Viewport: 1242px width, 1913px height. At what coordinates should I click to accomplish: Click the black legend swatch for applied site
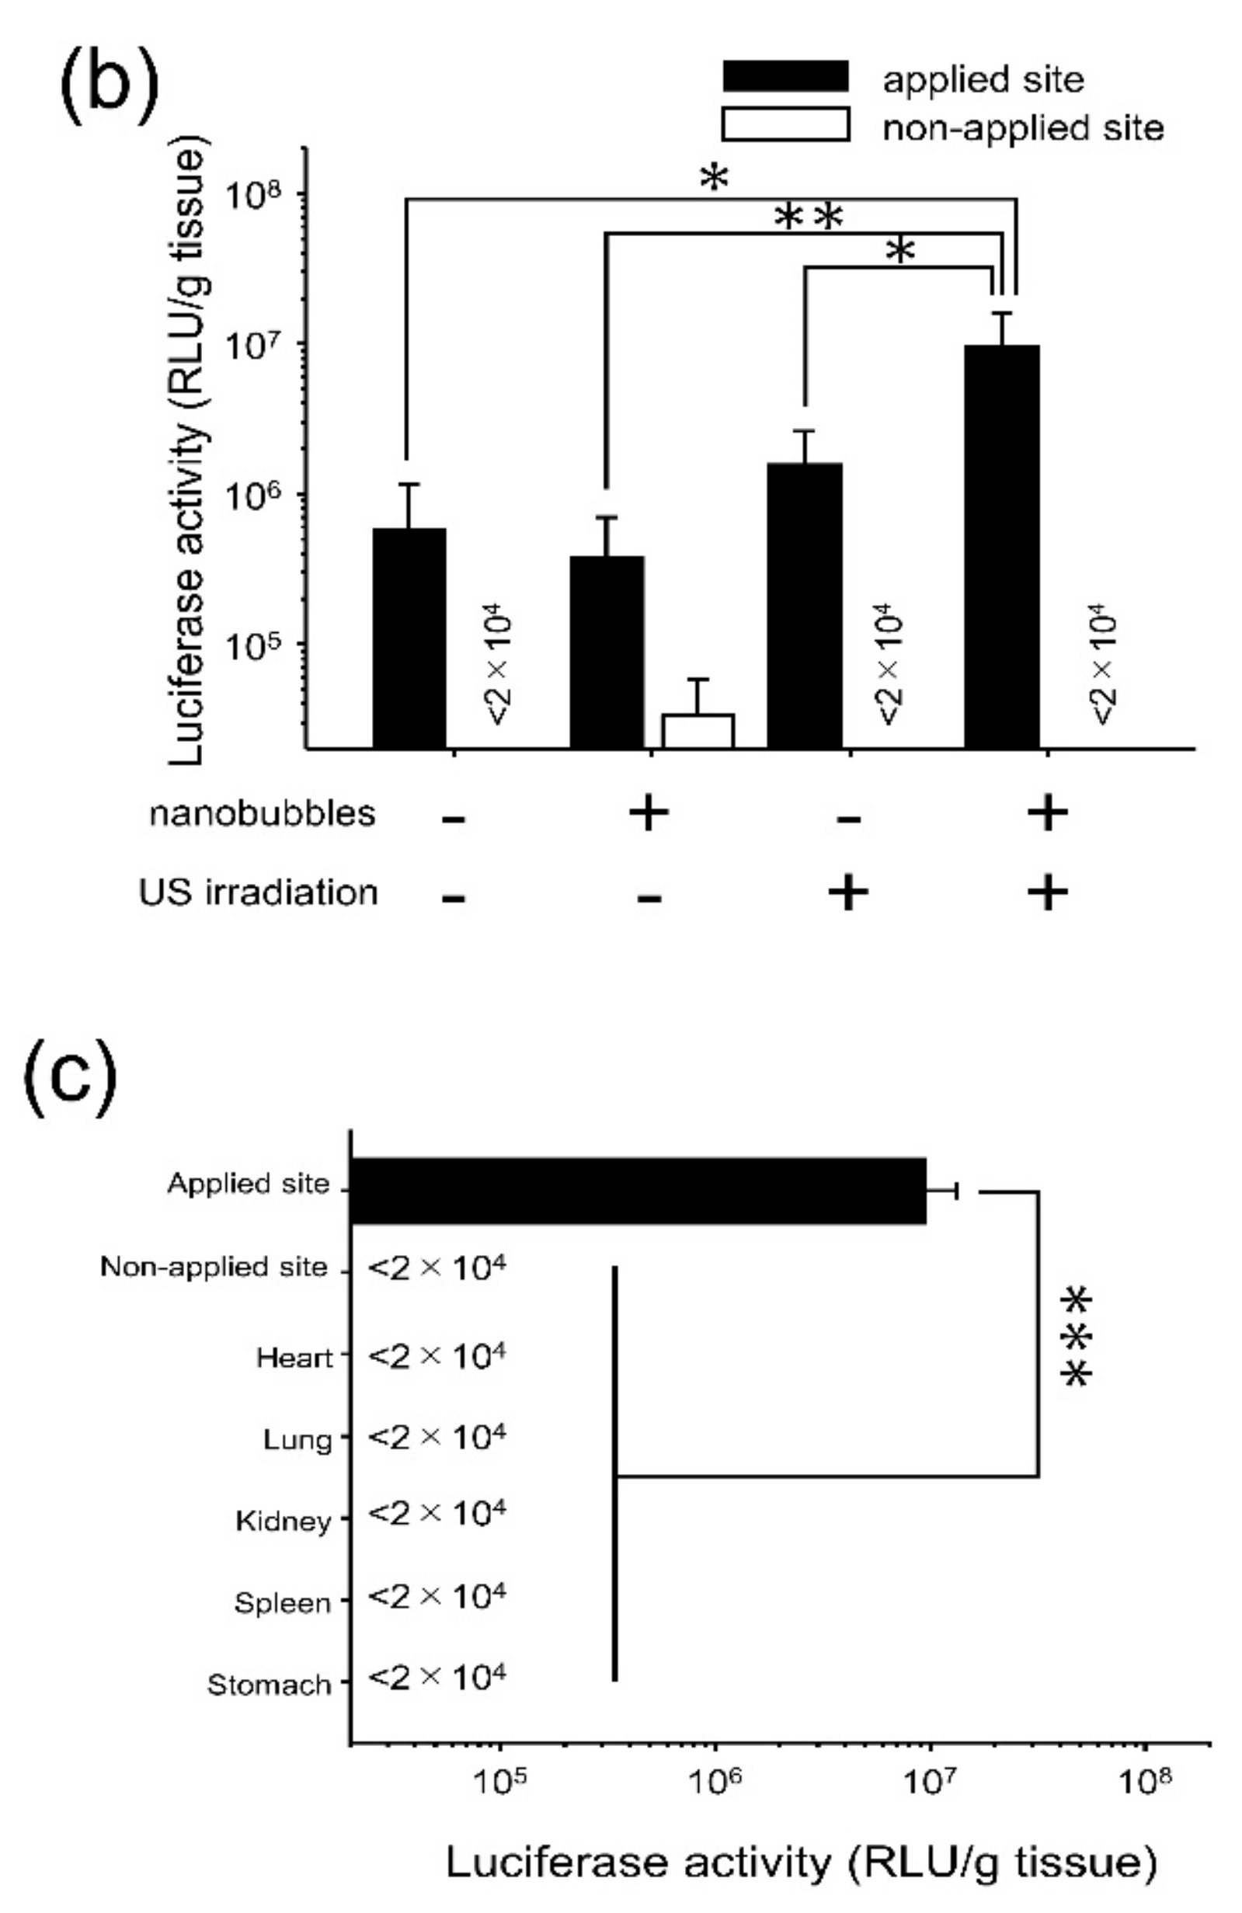click(785, 76)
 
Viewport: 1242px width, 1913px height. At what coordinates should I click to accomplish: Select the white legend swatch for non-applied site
click(785, 124)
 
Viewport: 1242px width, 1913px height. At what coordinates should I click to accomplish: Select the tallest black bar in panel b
click(1002, 547)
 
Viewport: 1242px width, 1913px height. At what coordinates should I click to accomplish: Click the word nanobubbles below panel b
click(262, 813)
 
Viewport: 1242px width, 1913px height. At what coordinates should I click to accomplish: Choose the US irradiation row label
click(257, 893)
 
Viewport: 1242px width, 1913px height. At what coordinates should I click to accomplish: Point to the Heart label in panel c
click(294, 1358)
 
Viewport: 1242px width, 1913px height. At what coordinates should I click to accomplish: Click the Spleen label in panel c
click(282, 1603)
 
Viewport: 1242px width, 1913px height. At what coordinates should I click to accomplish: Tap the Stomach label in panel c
click(270, 1684)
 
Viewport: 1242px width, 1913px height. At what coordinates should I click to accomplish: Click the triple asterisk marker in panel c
click(1077, 1337)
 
